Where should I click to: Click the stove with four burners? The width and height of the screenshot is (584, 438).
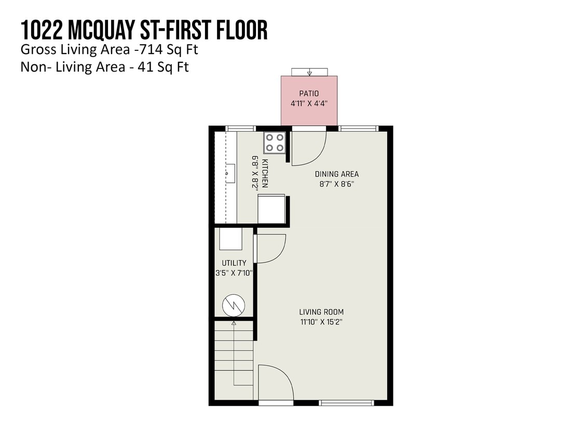click(275, 143)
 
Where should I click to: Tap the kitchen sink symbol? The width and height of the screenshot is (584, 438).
click(230, 173)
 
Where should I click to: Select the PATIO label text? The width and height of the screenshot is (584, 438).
click(309, 93)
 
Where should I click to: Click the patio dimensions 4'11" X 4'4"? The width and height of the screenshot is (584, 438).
click(309, 103)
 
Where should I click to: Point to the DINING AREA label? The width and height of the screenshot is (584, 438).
click(336, 174)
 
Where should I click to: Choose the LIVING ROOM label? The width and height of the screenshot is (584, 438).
click(321, 312)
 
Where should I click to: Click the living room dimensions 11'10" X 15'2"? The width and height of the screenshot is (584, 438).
click(321, 322)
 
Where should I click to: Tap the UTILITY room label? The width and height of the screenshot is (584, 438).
click(234, 263)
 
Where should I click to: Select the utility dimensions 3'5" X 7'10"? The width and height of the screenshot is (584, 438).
click(234, 272)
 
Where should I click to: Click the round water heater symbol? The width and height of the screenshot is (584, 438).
click(233, 305)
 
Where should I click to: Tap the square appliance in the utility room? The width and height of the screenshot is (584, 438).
click(230, 239)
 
